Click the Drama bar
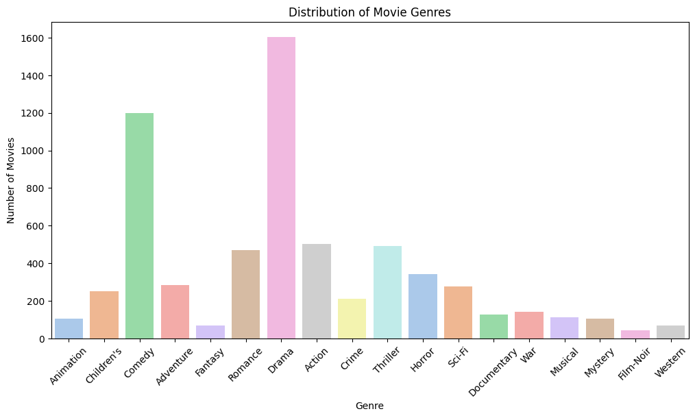tap(281, 188)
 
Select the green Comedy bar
tap(139, 225)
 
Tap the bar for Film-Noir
tap(635, 334)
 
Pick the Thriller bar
tap(387, 292)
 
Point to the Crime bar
tap(352, 319)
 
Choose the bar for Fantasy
tap(210, 332)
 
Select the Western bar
tap(670, 332)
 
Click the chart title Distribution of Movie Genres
tap(369, 12)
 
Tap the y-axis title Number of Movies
tap(11, 180)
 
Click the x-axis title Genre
tap(369, 406)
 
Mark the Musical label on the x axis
tap(564, 362)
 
